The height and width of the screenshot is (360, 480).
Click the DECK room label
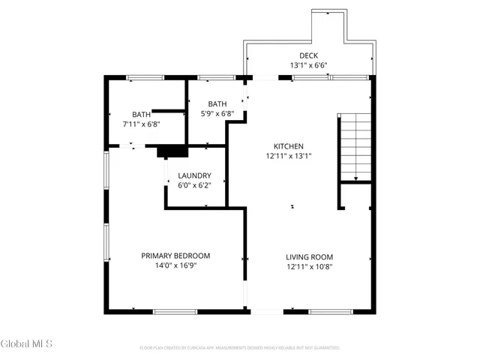click(x=308, y=55)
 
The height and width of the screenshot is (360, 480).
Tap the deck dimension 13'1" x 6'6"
click(x=308, y=66)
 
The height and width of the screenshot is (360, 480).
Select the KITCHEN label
click(x=288, y=146)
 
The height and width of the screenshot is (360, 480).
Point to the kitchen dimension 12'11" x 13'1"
click(x=288, y=157)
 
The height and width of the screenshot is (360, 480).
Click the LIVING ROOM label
click(x=309, y=256)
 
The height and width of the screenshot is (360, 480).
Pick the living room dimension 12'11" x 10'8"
click(x=309, y=266)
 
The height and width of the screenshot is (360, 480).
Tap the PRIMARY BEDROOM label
click(x=175, y=256)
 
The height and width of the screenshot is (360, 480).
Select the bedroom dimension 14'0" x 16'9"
click(x=175, y=266)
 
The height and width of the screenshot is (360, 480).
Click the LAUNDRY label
click(x=193, y=176)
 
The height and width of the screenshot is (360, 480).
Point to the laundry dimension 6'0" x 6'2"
click(x=193, y=186)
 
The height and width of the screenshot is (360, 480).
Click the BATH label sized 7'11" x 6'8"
click(x=141, y=114)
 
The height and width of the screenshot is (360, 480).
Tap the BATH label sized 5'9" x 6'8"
click(x=217, y=104)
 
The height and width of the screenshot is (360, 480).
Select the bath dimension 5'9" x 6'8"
click(x=217, y=114)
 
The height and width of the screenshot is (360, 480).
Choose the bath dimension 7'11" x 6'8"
click(x=141, y=124)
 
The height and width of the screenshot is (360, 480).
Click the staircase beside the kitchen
click(x=355, y=147)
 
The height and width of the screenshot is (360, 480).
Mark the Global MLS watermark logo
click(x=27, y=344)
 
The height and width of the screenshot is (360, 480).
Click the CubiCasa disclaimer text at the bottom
click(x=240, y=348)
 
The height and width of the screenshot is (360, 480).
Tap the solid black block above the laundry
click(x=172, y=151)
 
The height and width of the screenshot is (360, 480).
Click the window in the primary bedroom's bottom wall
click(x=175, y=311)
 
